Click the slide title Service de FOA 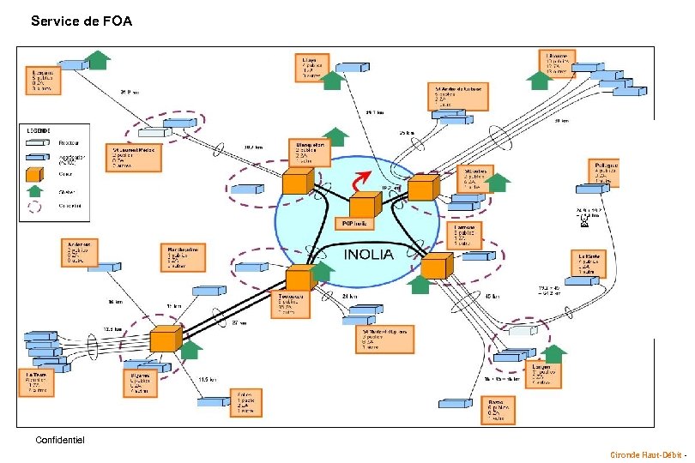tap(82, 21)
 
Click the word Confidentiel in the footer tap(60, 440)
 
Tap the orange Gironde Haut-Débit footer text tap(646, 454)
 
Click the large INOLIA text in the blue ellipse tap(369, 255)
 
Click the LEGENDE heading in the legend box tap(39, 130)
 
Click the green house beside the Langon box tap(555, 353)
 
